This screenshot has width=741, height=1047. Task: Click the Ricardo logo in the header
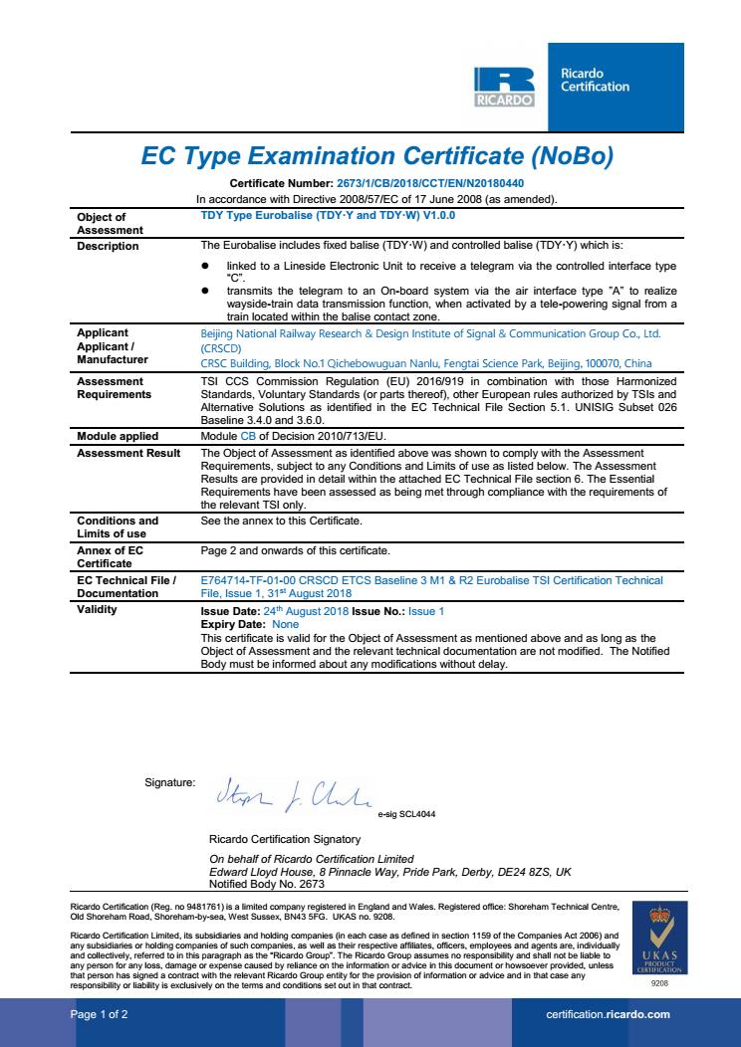coord(504,88)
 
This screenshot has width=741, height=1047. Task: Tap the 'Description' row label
coord(108,246)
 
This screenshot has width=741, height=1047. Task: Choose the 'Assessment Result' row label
coord(128,452)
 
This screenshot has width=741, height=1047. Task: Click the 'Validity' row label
coord(98,609)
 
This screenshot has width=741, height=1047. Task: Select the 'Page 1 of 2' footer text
coord(99,1014)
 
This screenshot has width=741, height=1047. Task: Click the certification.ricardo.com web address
coord(608,1014)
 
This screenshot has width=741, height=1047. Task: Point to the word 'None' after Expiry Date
coord(258,623)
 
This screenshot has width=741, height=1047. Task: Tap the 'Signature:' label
coord(170,784)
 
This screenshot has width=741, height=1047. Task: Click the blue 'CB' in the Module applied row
coord(248,436)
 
